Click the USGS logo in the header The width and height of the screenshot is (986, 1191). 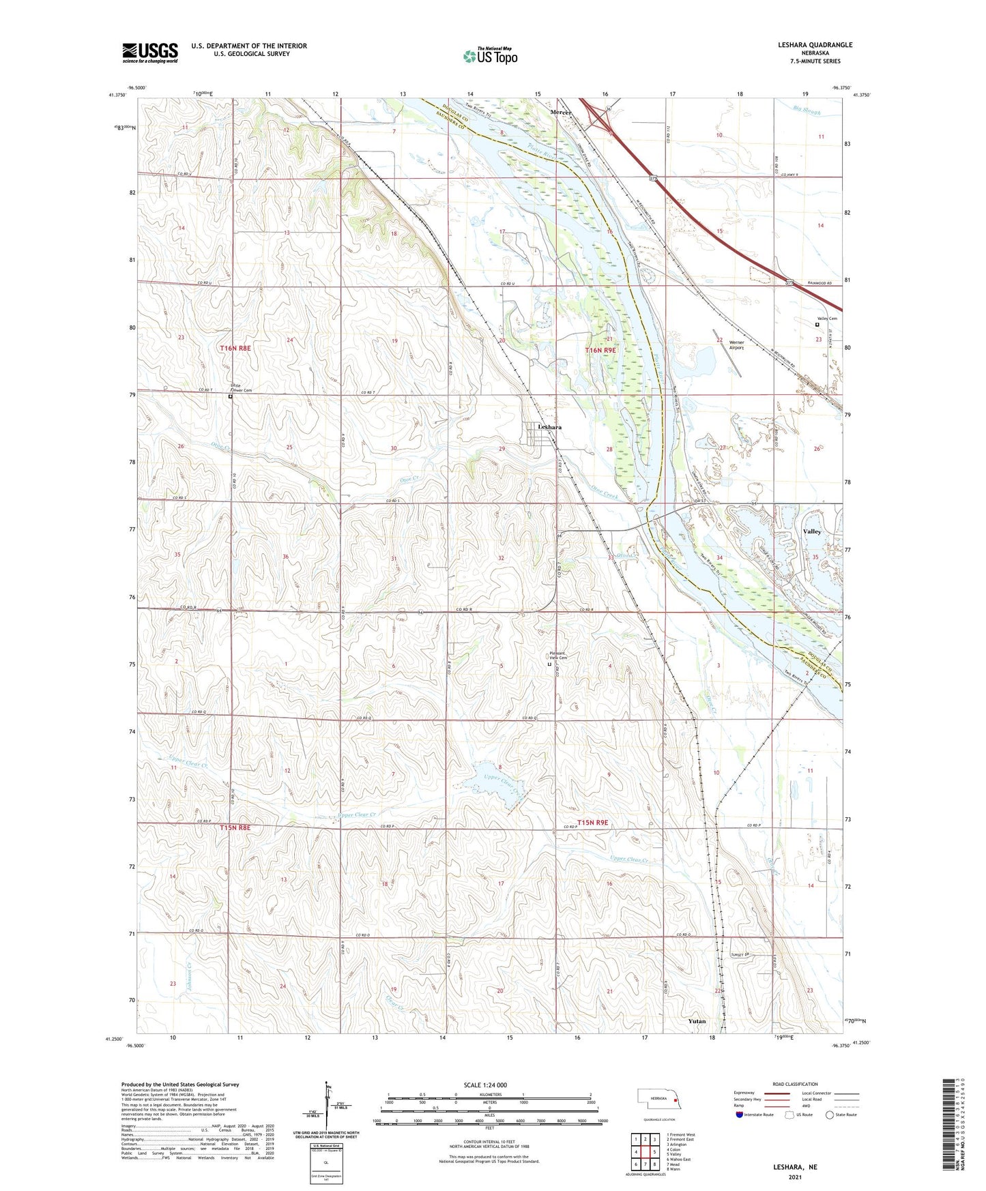click(150, 53)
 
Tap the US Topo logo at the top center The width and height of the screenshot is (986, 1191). click(490, 56)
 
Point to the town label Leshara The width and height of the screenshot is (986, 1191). click(549, 427)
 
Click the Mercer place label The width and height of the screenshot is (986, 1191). click(560, 112)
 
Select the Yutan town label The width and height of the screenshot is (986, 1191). click(697, 1021)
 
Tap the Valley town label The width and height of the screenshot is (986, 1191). click(812, 531)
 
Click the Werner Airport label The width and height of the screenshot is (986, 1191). click(736, 345)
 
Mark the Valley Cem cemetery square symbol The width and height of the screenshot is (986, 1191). click(817, 325)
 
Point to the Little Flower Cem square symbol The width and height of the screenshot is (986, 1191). click(230, 396)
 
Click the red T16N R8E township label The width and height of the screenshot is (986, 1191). click(235, 348)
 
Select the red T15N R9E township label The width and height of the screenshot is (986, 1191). click(592, 823)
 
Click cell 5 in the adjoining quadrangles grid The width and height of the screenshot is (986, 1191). click(654, 1152)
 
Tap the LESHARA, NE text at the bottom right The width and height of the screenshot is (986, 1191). click(795, 1167)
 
